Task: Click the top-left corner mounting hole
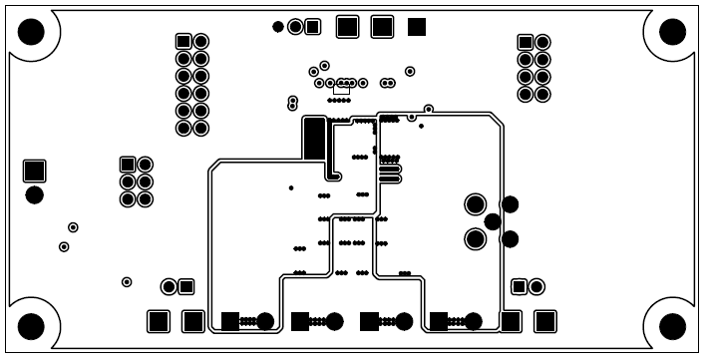pos(32,33)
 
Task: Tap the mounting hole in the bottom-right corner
pos(673,326)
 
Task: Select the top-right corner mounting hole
pos(673,33)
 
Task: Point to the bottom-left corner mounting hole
pos(32,326)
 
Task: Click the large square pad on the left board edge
pos(35,170)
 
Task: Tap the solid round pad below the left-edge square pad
pos(35,193)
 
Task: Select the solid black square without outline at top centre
pos(417,26)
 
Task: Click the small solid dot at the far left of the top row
pos(278,26)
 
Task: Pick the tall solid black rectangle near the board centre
pos(315,139)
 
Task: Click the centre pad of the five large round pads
pos(493,221)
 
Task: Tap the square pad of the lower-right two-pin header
pos(519,287)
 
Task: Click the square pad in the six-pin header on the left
pos(128,164)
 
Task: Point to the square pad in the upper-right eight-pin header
pos(526,42)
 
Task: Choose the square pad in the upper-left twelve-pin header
pos(182,41)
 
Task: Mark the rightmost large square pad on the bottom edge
pos(544,321)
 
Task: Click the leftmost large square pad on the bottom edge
pos(158,321)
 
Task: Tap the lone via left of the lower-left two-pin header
pos(127,281)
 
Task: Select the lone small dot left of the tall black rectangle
pos(290,187)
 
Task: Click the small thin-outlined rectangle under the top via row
pos(341,91)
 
